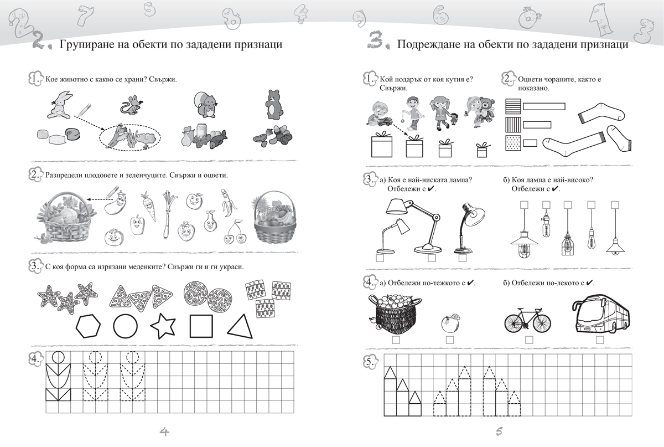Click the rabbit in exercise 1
tap(60, 105)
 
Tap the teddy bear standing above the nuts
tap(273, 105)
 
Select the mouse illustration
tap(132, 105)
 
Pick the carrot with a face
tap(148, 207)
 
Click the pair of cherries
tap(235, 233)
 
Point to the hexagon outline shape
tap(88, 326)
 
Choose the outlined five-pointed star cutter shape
tap(163, 326)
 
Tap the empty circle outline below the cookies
tap(126, 326)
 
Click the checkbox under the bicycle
tap(529, 340)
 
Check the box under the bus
tap(600, 340)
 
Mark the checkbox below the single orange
tap(450, 340)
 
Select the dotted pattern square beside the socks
tap(513, 143)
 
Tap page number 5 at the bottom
tap(499, 431)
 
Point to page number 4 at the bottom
tap(164, 431)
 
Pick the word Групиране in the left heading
tap(82, 44)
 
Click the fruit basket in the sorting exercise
tap(274, 217)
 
